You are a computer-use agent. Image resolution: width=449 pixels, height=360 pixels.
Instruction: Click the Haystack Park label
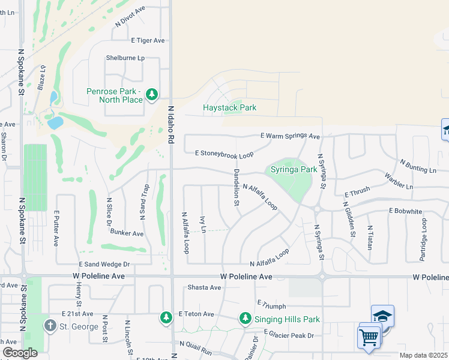229,107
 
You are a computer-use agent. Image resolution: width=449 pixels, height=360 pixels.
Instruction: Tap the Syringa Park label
294,169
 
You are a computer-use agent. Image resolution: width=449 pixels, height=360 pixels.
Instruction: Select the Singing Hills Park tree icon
245,318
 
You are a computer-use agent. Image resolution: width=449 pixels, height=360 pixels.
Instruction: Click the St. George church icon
50,326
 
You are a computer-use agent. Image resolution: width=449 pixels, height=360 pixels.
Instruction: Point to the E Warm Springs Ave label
291,136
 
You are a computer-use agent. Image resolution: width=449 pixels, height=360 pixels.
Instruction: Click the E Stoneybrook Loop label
224,154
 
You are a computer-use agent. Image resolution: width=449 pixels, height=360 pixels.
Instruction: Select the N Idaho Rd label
171,125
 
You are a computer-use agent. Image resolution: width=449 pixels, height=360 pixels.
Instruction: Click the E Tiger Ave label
148,40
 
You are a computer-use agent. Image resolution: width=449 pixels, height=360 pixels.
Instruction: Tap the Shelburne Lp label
125,58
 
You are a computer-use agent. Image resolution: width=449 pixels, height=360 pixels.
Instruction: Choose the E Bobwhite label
407,211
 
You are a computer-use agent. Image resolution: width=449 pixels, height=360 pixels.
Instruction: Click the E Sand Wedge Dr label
104,264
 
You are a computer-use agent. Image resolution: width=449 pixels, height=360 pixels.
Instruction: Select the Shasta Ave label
205,287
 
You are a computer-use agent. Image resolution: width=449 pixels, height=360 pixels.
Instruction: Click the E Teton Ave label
196,314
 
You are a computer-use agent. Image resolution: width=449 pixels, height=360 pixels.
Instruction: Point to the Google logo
20,353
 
